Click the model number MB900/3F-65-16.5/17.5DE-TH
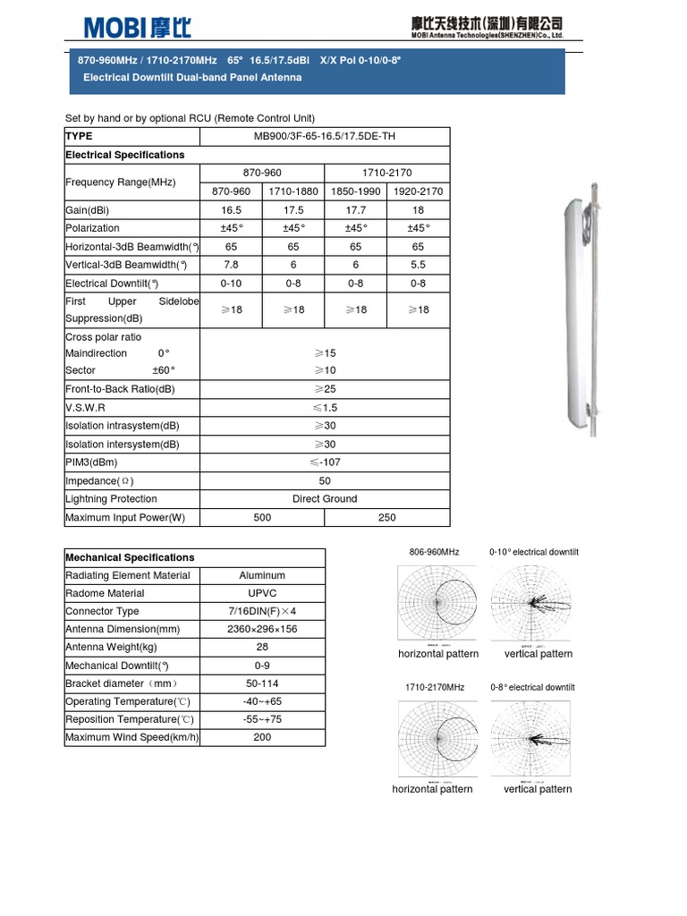[325, 137]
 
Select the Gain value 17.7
[356, 210]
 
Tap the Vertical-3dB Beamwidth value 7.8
[231, 265]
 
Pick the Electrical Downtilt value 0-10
[231, 284]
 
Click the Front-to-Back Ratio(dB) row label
[120, 389]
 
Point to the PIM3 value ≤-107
[325, 462]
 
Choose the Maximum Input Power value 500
[262, 518]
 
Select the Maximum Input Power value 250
[386, 518]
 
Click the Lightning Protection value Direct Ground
[325, 499]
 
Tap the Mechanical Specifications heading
[130, 557]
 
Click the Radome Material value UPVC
[262, 593]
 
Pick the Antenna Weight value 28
[262, 647]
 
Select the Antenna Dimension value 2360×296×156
[262, 629]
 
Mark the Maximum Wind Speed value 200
[262, 737]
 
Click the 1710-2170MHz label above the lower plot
[434, 687]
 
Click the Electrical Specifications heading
[125, 155]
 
